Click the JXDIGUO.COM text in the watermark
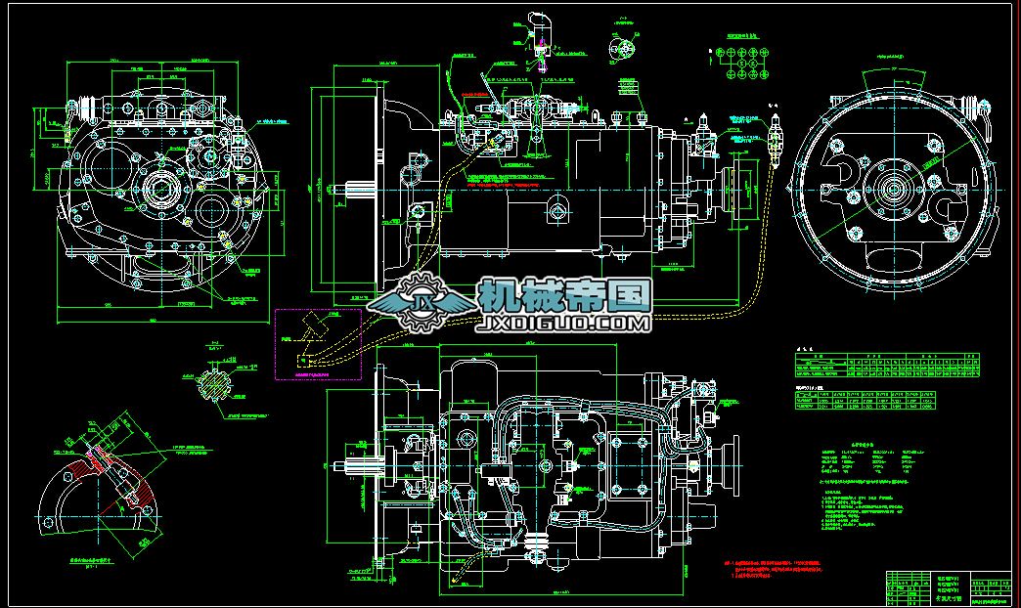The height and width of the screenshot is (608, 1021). tap(563, 323)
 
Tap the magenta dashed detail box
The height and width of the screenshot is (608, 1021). tap(318, 343)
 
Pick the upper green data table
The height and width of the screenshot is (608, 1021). tap(885, 365)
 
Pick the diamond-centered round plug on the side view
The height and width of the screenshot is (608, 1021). tap(557, 206)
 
